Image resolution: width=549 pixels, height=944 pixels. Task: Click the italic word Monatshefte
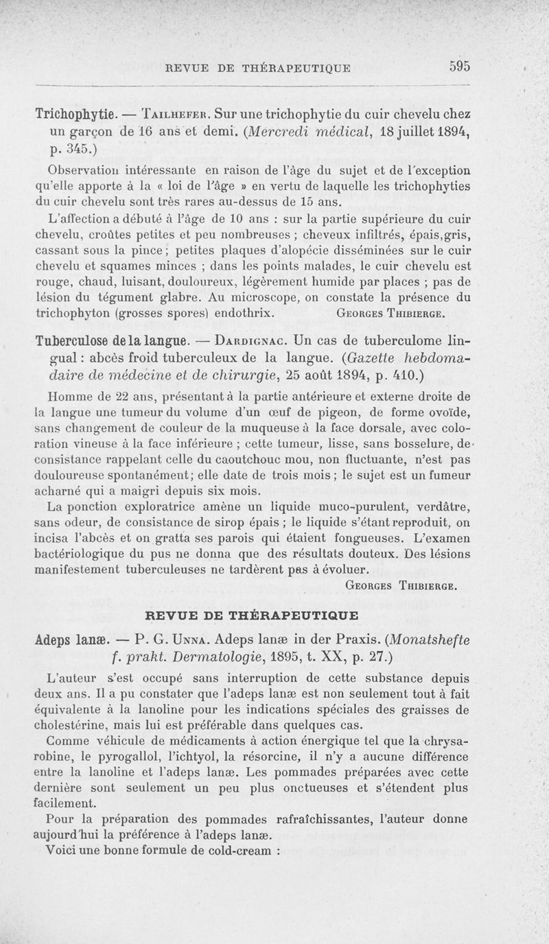[x=425, y=640]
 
